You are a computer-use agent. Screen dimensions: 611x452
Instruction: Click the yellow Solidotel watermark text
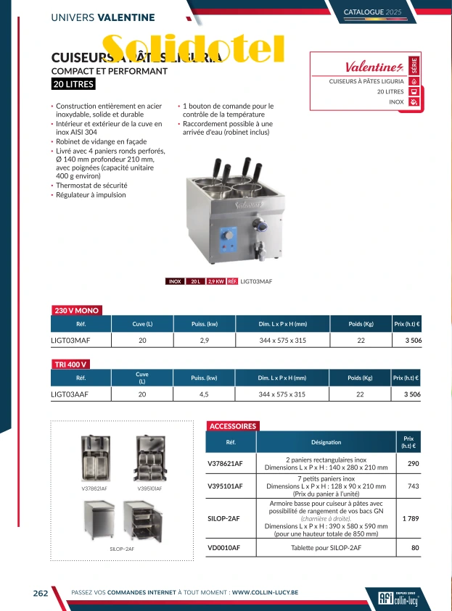click(x=193, y=49)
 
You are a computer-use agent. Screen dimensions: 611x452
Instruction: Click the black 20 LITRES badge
click(x=73, y=84)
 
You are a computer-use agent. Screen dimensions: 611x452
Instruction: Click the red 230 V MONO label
click(x=77, y=310)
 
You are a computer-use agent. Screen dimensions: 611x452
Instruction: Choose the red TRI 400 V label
click(x=71, y=364)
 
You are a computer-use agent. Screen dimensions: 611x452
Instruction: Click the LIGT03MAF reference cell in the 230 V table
click(x=70, y=339)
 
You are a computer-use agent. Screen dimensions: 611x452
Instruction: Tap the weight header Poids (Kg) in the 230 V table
click(x=360, y=324)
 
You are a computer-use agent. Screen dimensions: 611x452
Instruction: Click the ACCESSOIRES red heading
click(x=233, y=426)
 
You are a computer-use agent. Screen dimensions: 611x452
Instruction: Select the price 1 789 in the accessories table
click(x=411, y=518)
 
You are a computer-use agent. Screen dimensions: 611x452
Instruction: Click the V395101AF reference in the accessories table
click(x=225, y=486)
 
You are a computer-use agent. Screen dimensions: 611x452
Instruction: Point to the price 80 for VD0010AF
click(x=415, y=548)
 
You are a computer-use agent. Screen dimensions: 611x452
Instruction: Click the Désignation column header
click(x=326, y=442)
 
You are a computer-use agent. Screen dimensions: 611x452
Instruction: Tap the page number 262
click(x=41, y=593)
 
